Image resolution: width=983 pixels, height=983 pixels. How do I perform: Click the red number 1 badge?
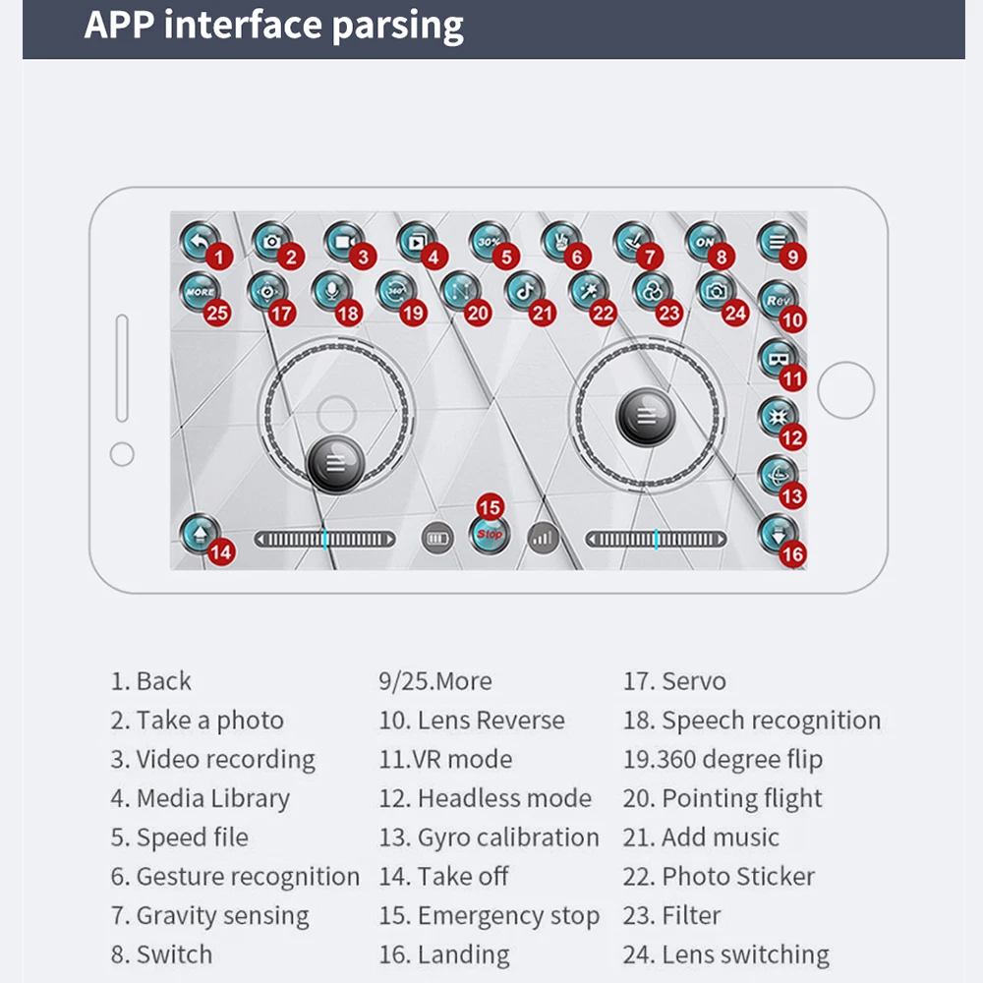click(x=219, y=259)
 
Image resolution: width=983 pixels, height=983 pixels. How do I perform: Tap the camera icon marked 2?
click(x=271, y=241)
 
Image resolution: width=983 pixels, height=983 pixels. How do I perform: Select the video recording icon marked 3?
click(x=344, y=241)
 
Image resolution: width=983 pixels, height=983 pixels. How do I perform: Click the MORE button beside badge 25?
click(x=199, y=292)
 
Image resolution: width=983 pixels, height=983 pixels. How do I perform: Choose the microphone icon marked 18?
click(x=330, y=291)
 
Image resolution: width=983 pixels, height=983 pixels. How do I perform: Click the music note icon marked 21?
click(x=525, y=291)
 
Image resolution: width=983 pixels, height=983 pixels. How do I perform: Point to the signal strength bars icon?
click(x=543, y=538)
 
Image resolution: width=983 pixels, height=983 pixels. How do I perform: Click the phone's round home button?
click(x=845, y=390)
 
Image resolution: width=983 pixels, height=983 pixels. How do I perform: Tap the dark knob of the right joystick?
click(x=645, y=415)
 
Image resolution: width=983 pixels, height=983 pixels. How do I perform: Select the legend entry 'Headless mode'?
click(x=503, y=798)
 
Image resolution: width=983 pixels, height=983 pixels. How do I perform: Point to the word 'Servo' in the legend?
click(x=694, y=680)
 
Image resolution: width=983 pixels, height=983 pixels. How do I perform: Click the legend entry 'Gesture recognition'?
click(x=247, y=877)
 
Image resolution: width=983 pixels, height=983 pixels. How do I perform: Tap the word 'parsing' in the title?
click(x=396, y=26)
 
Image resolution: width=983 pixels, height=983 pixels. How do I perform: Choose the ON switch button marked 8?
click(x=705, y=241)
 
